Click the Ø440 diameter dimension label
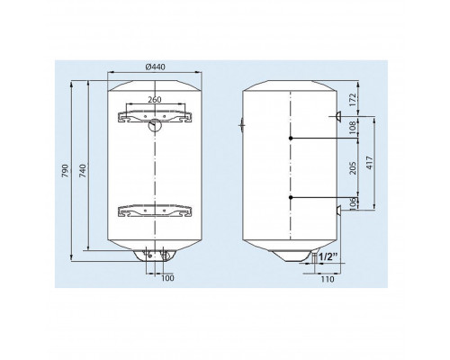click(x=155, y=67)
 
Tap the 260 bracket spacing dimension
click(x=155, y=99)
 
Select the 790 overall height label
click(x=66, y=170)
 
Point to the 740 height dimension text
click(x=83, y=170)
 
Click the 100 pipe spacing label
click(x=167, y=278)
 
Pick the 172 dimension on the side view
click(x=353, y=100)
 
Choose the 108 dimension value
click(x=353, y=127)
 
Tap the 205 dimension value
click(x=353, y=168)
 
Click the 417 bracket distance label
click(x=370, y=163)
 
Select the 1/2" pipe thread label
click(x=328, y=256)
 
